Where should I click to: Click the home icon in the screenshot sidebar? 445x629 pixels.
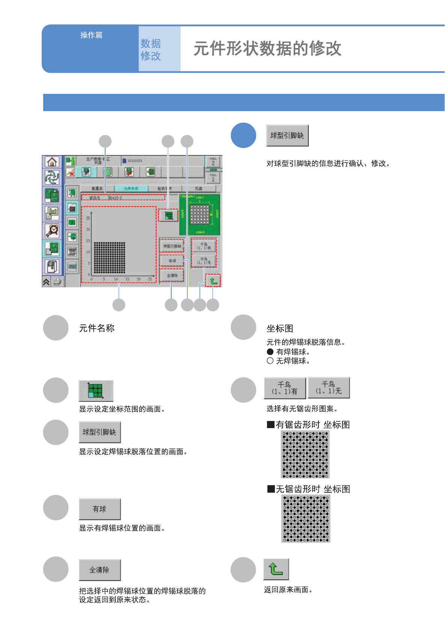(52, 162)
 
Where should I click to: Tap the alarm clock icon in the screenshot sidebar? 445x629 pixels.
(52, 230)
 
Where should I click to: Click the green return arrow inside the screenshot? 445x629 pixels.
(213, 281)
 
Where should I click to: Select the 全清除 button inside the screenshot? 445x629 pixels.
(172, 275)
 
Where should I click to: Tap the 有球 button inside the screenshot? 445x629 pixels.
(172, 260)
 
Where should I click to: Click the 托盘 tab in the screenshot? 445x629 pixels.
(199, 189)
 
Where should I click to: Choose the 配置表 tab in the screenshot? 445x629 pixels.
(97, 189)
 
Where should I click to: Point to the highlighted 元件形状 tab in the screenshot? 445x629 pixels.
(131, 189)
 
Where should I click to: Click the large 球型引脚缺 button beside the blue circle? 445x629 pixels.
(287, 136)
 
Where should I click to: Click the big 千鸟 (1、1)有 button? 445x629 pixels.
(285, 388)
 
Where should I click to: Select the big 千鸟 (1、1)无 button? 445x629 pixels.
(329, 388)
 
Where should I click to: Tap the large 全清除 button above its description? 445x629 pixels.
(100, 570)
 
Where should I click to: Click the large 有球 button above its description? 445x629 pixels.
(100, 509)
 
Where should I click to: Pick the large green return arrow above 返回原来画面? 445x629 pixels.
(276, 569)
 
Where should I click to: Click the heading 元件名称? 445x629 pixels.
(97, 328)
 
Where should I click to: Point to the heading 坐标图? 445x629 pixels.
(280, 329)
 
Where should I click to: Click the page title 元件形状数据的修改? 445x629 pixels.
(267, 48)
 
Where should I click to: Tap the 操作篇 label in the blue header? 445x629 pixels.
(91, 35)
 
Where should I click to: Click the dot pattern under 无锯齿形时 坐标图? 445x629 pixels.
(306, 519)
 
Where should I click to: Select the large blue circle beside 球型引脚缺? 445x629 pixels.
(243, 135)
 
